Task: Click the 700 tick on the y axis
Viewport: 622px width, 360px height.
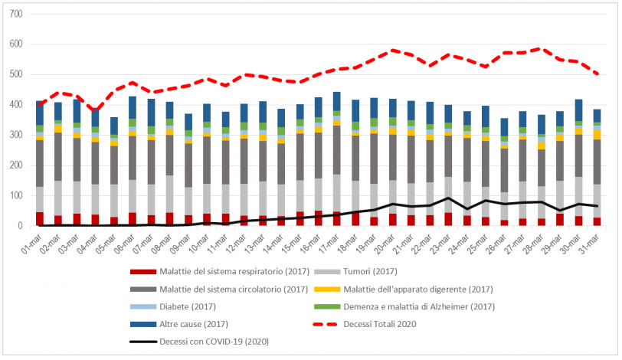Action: click(x=17, y=15)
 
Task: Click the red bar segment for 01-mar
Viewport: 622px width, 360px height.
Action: click(x=40, y=219)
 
